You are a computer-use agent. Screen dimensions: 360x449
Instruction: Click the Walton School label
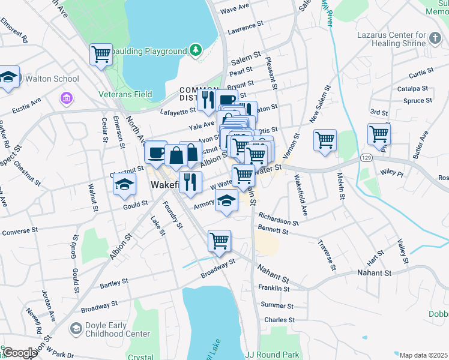click(52, 79)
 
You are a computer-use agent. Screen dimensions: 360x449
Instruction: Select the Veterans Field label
click(125, 94)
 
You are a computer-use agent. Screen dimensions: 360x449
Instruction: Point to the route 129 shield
click(365, 157)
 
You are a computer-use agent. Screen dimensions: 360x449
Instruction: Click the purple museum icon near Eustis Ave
click(66, 97)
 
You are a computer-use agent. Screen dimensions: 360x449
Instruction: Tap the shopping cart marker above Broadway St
click(219, 241)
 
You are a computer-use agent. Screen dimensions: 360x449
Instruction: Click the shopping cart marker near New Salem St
click(325, 140)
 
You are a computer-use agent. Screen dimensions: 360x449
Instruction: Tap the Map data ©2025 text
click(424, 355)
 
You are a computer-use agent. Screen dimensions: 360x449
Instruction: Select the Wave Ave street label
click(235, 8)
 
